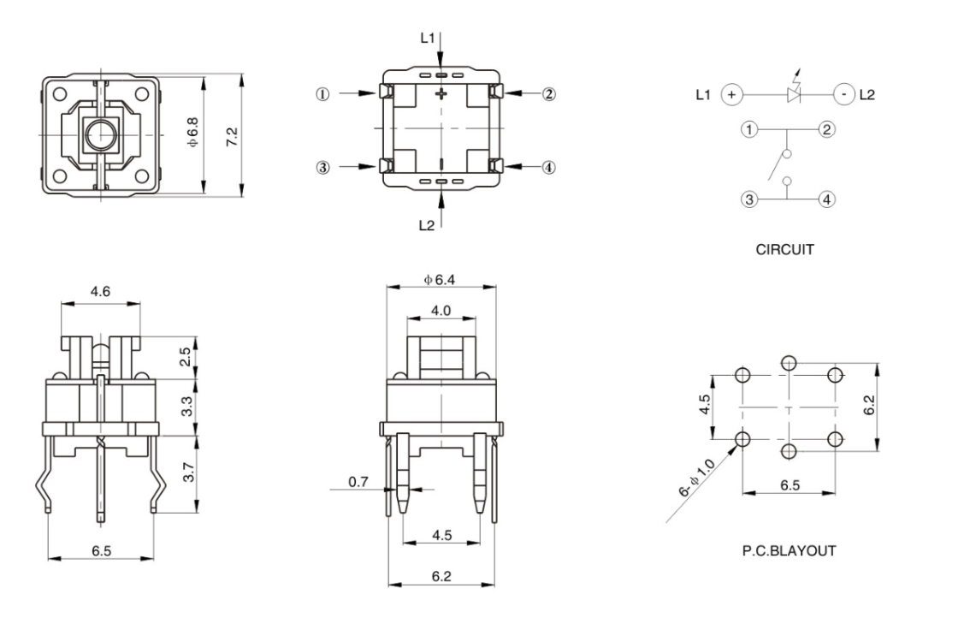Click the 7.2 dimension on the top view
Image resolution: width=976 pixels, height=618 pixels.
coord(232,136)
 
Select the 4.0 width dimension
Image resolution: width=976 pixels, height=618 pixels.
coord(441,310)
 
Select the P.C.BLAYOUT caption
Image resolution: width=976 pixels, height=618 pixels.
coord(789,550)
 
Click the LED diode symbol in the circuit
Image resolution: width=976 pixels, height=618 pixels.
coord(794,94)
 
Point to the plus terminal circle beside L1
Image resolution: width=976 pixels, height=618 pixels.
coord(731,94)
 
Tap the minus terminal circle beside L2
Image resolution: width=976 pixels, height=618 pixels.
coord(843,94)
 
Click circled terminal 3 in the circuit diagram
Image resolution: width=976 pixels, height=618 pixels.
coord(750,199)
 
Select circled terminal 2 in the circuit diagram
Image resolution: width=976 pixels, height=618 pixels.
coord(825,130)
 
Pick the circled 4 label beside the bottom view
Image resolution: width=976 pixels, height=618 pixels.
coord(548,167)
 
